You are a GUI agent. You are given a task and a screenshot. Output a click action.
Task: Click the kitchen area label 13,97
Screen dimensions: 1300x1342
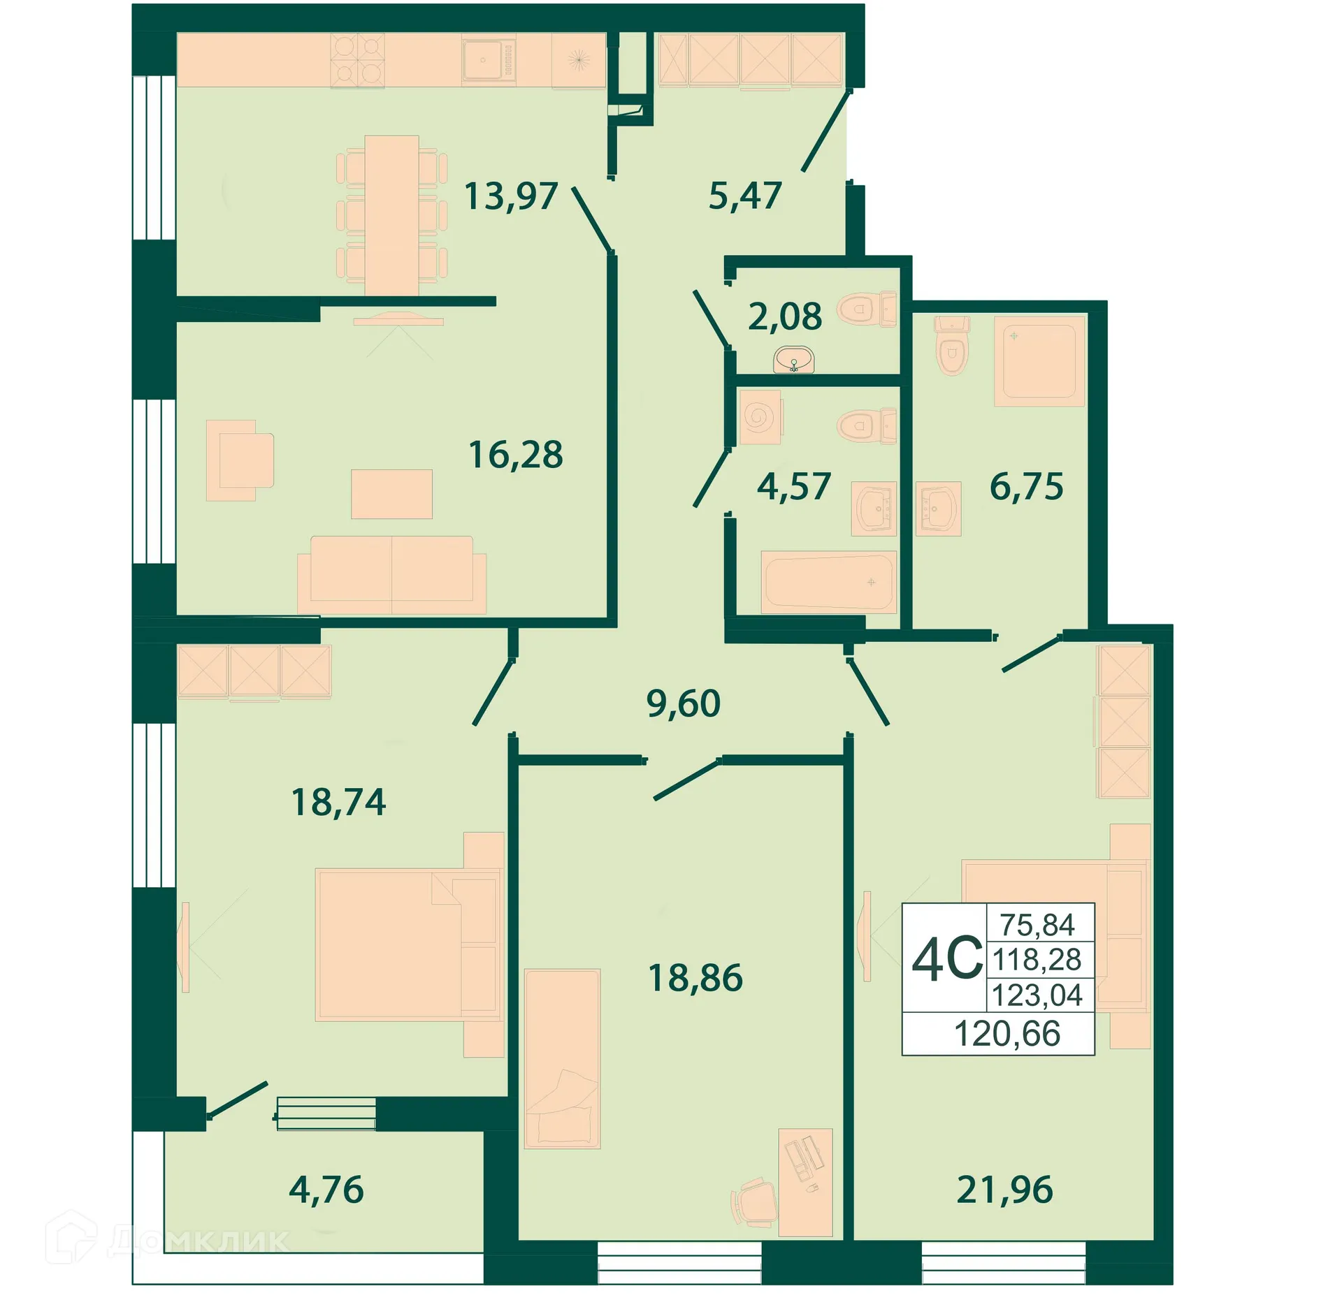coord(511,196)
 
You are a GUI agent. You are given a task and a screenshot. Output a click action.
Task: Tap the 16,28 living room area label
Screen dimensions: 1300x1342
coord(516,455)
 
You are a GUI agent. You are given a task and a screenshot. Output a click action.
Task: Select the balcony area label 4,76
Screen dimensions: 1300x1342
coord(326,1190)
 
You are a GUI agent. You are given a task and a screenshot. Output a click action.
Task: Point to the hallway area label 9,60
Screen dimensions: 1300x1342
coord(683,703)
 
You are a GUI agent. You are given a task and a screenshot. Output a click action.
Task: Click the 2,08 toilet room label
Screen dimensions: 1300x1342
coord(785,316)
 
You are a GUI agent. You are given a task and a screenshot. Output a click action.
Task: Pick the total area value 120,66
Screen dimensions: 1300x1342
coord(1006,1034)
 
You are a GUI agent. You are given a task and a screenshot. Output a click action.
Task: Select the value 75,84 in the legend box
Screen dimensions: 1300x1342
coord(1037,925)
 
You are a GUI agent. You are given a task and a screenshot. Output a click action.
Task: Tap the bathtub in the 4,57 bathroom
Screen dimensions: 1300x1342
coord(828,581)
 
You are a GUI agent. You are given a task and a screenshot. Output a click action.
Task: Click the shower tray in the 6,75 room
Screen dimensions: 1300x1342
coord(1039,361)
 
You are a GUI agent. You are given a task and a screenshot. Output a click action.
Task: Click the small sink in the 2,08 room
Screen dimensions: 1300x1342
coord(794,361)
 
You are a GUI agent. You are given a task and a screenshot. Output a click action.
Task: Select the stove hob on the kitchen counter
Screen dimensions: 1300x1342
coord(357,60)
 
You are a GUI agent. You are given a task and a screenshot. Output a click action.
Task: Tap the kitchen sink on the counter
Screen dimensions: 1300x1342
coord(488,60)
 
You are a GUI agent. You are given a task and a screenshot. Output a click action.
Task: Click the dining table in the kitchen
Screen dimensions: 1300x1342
coord(391,215)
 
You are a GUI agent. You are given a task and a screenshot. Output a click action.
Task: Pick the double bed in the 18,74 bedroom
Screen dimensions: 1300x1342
coord(409,945)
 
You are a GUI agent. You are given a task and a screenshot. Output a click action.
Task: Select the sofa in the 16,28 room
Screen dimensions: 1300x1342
coord(391,574)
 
